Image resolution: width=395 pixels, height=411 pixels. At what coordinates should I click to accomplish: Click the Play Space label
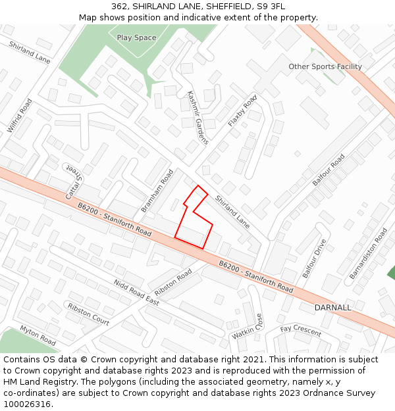136,37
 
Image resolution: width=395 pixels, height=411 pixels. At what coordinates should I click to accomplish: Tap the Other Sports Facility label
325,66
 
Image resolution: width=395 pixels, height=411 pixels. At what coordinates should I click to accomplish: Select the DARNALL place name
332,307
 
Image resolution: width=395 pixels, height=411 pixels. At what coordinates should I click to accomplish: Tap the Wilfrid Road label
20,116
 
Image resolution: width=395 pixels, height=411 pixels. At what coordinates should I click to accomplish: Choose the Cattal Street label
76,182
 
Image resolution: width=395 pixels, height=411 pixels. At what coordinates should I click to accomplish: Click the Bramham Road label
157,191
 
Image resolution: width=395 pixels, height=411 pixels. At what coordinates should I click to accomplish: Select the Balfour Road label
328,170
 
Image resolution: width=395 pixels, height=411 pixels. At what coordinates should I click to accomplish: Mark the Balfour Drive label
314,258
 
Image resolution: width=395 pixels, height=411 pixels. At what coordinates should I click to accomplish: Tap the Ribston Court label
88,314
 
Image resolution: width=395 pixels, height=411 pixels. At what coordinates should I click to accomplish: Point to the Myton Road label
38,335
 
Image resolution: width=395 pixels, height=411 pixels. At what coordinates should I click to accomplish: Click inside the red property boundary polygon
195,227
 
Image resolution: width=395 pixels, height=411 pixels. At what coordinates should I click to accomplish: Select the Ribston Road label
173,282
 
